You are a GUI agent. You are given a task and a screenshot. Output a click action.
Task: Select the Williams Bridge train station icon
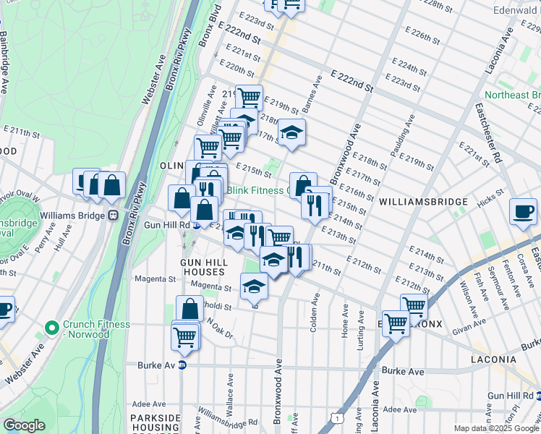click(113, 216)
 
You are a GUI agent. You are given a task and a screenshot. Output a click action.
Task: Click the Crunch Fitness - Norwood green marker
click(51, 328)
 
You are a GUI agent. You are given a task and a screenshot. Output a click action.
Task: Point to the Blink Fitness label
click(257, 191)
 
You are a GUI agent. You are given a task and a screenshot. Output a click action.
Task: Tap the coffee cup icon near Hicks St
click(524, 211)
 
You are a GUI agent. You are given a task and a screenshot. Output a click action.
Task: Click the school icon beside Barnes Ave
click(291, 132)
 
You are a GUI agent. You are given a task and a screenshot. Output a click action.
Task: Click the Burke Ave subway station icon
click(182, 366)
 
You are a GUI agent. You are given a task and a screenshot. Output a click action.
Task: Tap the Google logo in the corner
click(25, 425)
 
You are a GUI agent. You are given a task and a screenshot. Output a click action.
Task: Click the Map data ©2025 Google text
click(496, 428)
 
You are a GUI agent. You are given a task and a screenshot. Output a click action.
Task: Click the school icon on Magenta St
click(254, 286)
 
